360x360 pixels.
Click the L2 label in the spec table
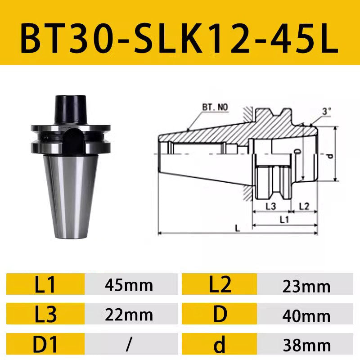point(220,285)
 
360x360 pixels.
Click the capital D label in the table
point(220,315)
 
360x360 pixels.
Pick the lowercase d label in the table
point(220,344)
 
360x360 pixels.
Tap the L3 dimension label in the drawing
point(270,207)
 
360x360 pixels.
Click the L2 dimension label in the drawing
point(304,207)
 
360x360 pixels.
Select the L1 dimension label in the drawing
point(284,220)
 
